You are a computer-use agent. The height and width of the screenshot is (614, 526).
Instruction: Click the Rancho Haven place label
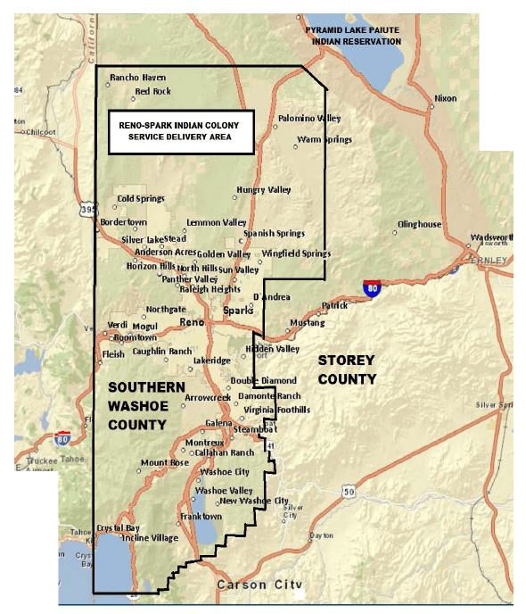pos(139,78)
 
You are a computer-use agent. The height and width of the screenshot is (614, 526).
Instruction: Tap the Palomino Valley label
pos(308,118)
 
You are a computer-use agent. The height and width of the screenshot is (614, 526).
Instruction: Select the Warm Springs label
pos(325,139)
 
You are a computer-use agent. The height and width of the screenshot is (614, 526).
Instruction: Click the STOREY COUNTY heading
pos(348,369)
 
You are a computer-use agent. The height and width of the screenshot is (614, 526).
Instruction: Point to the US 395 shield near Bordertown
pos(86,208)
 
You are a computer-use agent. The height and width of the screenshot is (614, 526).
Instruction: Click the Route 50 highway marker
pos(348,492)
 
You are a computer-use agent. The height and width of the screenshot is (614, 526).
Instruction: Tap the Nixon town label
pos(445,98)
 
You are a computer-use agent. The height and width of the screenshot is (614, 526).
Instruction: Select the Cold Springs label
pos(140,198)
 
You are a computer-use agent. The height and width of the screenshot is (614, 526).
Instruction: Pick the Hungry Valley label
pos(264,189)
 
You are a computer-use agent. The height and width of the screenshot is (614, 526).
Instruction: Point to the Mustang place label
pos(308,322)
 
